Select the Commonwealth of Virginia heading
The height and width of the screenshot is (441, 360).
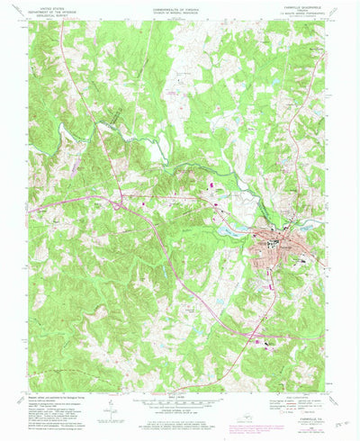(180, 10)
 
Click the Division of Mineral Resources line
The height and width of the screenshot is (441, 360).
(180, 13)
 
